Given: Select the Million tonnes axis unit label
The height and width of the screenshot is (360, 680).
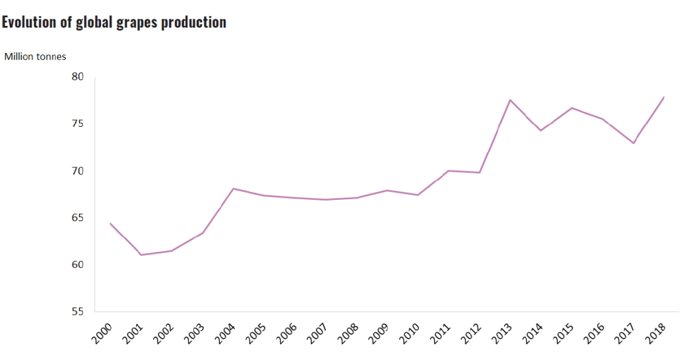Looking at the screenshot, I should pos(35,56).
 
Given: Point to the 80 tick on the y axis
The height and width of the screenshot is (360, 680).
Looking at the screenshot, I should pos(77,77).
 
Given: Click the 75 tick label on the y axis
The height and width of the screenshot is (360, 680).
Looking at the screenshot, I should pos(77,124).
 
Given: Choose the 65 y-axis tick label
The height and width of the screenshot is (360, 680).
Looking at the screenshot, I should pos(77,218).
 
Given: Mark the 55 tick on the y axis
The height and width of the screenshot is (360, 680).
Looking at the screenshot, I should pos(77,312).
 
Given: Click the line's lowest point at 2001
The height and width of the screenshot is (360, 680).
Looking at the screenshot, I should pos(141,255).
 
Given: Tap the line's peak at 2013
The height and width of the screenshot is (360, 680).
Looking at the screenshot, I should pos(510,100).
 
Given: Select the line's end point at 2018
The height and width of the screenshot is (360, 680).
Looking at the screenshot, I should pos(664,97).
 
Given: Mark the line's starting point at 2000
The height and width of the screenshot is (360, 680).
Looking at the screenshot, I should pos(110,223).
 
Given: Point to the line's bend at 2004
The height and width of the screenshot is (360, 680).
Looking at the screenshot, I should pos(233,189).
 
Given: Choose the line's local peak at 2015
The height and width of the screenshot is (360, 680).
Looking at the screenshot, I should pos(572,108).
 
